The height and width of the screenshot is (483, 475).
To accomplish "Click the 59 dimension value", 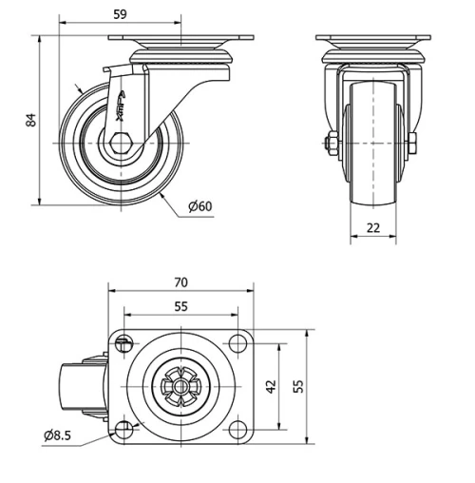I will pyautogui.click(x=120, y=14).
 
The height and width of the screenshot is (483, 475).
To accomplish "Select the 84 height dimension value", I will pyautogui.click(x=30, y=120).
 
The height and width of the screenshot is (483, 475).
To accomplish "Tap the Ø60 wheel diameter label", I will pyautogui.click(x=199, y=207).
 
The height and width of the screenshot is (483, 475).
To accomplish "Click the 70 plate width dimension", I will pyautogui.click(x=181, y=281).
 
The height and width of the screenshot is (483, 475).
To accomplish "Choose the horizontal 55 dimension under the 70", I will pyautogui.click(x=181, y=306).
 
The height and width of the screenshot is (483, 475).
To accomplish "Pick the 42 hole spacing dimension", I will pyautogui.click(x=271, y=387).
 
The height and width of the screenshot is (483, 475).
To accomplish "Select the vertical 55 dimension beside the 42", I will pyautogui.click(x=297, y=387).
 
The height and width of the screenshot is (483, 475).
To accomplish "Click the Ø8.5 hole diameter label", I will pyautogui.click(x=57, y=435).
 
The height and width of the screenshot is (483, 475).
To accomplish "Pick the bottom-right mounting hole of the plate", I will pyautogui.click(x=236, y=430).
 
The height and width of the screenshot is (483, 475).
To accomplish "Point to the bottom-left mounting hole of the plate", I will pyautogui.click(x=124, y=430).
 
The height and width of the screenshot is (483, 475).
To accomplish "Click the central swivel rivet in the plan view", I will pyautogui.click(x=180, y=388).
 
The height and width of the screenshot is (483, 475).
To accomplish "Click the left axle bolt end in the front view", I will pyautogui.click(x=329, y=145).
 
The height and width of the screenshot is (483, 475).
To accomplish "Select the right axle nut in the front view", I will pyautogui.click(x=414, y=145).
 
